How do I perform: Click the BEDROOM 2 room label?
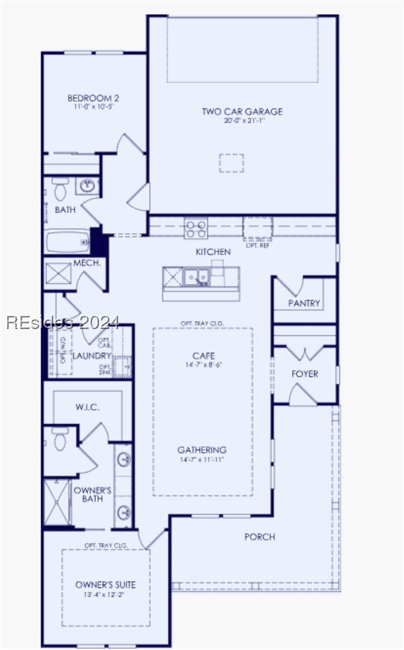click(93, 98)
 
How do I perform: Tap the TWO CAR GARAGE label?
click(243, 112)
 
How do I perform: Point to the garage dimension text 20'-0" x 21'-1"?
click(244, 121)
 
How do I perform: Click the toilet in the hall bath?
click(60, 188)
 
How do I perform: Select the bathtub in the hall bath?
click(68, 241)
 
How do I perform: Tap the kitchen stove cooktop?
click(196, 228)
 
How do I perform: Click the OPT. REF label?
click(258, 246)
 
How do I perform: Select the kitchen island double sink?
click(196, 278)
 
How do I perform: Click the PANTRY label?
click(304, 303)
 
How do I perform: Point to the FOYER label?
click(304, 374)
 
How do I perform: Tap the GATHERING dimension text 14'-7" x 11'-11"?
click(201, 460)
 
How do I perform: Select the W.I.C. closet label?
click(87, 407)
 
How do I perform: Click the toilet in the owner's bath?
click(60, 438)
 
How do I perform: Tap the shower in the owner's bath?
click(58, 502)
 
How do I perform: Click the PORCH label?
click(259, 537)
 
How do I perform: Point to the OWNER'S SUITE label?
click(105, 585)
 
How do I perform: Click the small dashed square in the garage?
click(231, 163)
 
